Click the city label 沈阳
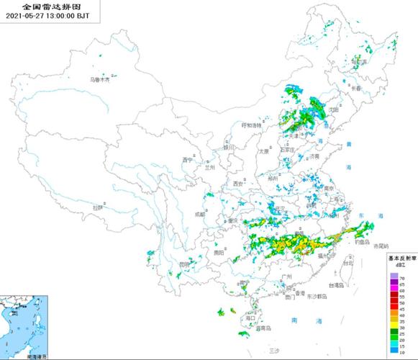[332, 109]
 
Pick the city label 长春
[356, 88]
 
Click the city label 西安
[239, 185]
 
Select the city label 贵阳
[218, 253]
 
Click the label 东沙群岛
[317, 296]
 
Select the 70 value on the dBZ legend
[401, 277]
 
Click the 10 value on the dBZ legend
[401, 350]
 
